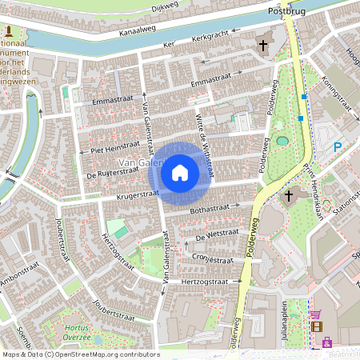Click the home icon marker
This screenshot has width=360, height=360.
tap(180, 172)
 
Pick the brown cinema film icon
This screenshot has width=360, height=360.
tap(318, 326)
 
